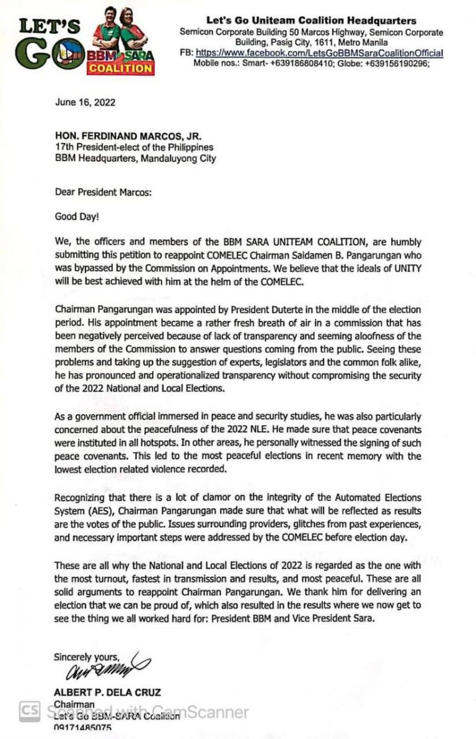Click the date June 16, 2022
[76, 103]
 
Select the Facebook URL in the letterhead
[319, 54]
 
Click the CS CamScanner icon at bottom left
[29, 711]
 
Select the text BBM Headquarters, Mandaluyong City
[136, 159]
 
